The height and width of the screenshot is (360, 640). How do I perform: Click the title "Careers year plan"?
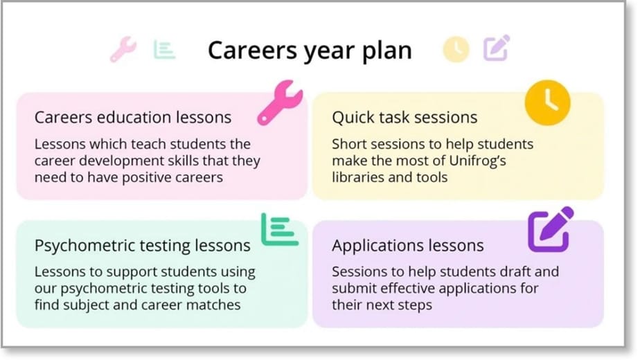[x=310, y=51]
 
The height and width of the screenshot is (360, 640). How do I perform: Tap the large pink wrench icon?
[x=279, y=102]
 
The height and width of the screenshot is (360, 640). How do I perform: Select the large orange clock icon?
[x=546, y=102]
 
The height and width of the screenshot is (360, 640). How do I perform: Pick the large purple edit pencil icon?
[x=550, y=228]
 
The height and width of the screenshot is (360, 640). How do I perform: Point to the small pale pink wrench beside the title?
[x=123, y=49]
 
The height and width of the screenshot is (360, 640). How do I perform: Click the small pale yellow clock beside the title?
[x=456, y=49]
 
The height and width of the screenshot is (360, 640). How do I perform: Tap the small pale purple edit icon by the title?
[x=496, y=48]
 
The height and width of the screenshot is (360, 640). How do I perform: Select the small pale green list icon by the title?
[x=164, y=49]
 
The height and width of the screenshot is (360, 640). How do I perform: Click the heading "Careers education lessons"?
[x=133, y=117]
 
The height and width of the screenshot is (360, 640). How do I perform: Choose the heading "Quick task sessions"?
[x=405, y=117]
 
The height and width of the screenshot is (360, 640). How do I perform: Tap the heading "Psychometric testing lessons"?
[x=143, y=245]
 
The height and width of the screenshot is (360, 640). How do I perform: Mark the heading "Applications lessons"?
[x=407, y=245]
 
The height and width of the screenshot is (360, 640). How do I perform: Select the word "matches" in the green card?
[x=218, y=305]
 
